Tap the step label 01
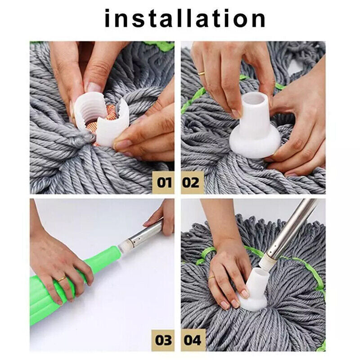[x=164, y=183]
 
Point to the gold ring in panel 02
[x=201, y=72]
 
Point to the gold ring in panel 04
[x=211, y=278]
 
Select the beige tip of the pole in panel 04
[x=268, y=263]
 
